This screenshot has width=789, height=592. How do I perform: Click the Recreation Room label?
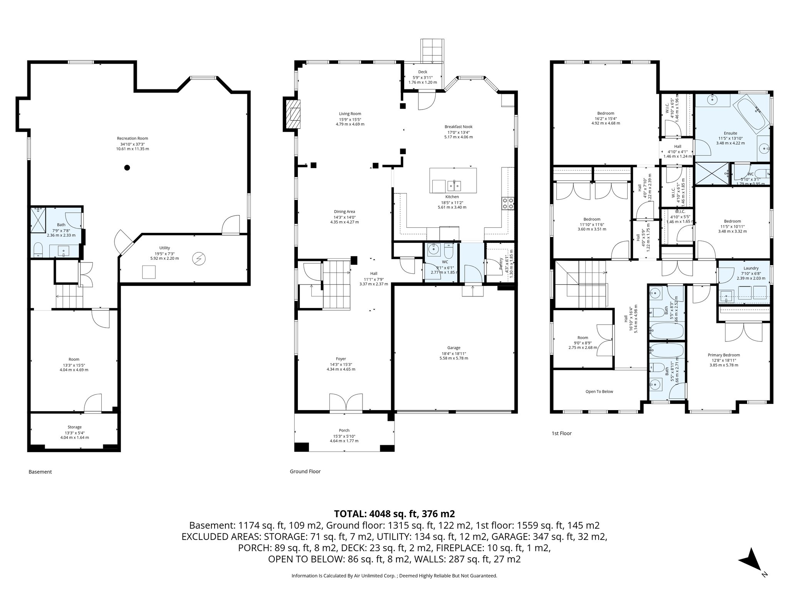tap(133, 138)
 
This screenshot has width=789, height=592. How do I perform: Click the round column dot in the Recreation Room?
tap(127, 167)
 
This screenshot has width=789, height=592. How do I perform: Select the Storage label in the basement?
tap(74, 427)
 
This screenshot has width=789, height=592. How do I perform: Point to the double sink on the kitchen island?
tap(455, 186)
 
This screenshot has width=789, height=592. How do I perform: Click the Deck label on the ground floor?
tap(423, 72)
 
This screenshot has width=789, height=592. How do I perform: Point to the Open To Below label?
tap(599, 392)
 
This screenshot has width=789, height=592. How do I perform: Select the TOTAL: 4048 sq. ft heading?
tap(394, 514)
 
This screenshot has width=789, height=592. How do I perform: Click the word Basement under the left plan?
tap(40, 472)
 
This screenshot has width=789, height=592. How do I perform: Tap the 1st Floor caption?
tap(561, 433)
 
